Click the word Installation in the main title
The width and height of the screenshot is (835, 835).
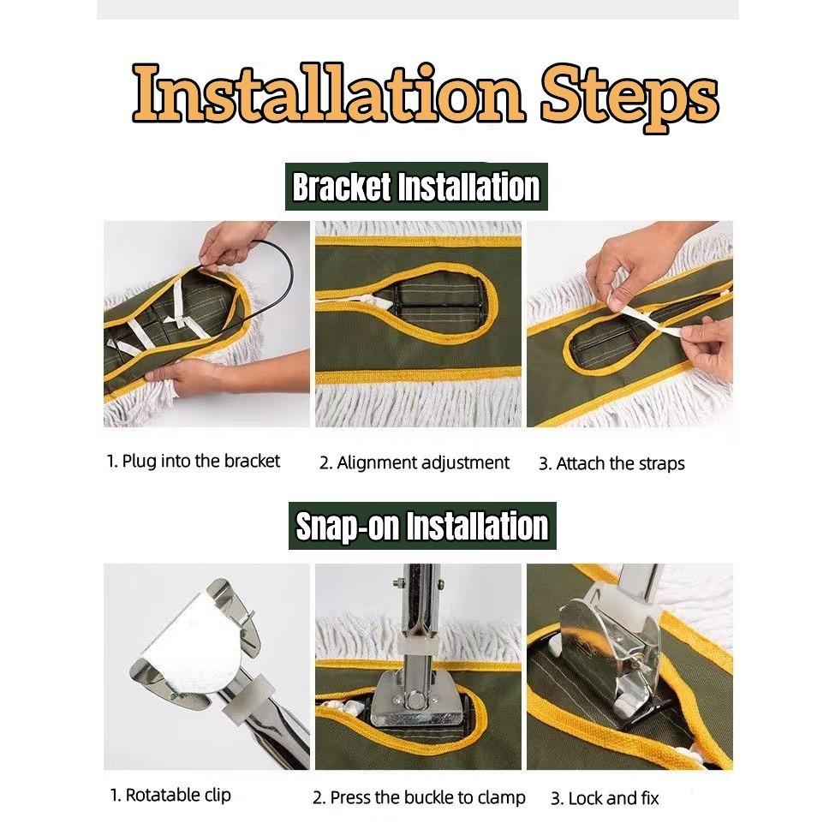coord(329,93)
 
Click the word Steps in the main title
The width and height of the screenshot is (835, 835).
coord(630,98)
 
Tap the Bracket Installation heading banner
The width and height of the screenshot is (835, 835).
coord(416,187)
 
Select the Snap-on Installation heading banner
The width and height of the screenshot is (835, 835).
coord(422,526)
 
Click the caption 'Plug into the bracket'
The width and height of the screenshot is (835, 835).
coord(193,461)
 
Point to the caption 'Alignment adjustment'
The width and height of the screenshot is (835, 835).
coord(415,463)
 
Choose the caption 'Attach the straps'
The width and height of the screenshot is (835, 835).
coord(611,464)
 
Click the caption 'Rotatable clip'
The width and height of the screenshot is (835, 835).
coord(170,795)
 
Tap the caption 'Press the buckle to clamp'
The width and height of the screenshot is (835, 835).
coord(419,797)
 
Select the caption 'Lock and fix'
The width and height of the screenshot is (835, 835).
coord(605,799)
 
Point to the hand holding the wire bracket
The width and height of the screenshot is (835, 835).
coord(235,244)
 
